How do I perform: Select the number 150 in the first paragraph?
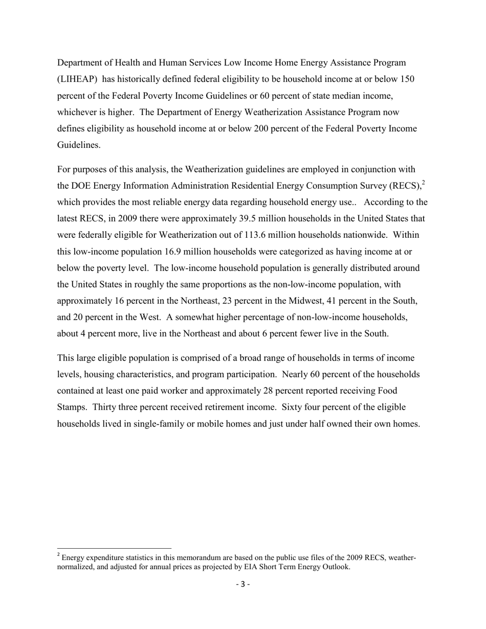click(407, 79)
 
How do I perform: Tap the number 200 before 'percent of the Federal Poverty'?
click(261, 128)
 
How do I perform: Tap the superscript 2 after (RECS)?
click(424, 182)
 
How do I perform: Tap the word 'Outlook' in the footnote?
click(335, 566)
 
